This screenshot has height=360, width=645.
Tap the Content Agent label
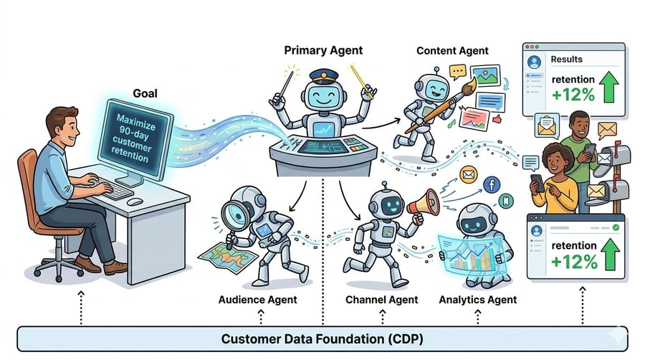(x=452, y=51)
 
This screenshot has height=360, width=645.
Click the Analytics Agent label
(x=477, y=299)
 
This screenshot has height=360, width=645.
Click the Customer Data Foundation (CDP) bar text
(x=322, y=338)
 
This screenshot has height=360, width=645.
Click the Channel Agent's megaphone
(x=423, y=203)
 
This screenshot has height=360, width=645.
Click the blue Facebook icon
(x=491, y=185)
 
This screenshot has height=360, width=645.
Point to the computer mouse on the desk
(x=134, y=201)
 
